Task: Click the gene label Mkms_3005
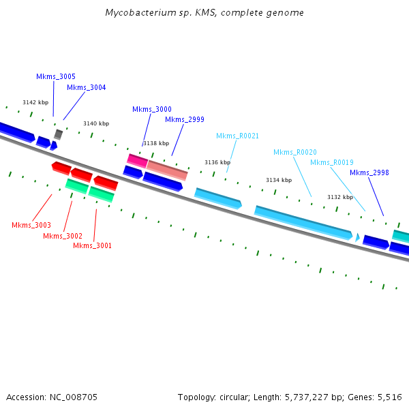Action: [x=56, y=76]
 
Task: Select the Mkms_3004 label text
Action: [x=87, y=87]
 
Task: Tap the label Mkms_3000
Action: [x=152, y=109]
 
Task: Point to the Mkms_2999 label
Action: [x=185, y=119]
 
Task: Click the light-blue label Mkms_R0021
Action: [x=238, y=136]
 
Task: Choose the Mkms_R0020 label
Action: [x=295, y=152]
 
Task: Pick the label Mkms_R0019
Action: [x=332, y=162]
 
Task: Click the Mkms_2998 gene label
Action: [x=369, y=172]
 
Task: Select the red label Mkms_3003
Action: [x=31, y=225]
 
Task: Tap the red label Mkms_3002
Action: [x=63, y=236]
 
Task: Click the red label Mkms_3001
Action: [x=93, y=245]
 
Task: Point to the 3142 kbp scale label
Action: [x=35, y=102]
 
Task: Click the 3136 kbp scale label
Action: [x=217, y=162]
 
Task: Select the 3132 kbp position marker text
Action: [x=340, y=197]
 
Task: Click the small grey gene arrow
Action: [x=59, y=134]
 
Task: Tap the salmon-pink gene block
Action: [x=167, y=170]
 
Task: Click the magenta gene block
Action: [x=137, y=161]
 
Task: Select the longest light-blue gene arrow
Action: [x=303, y=222]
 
